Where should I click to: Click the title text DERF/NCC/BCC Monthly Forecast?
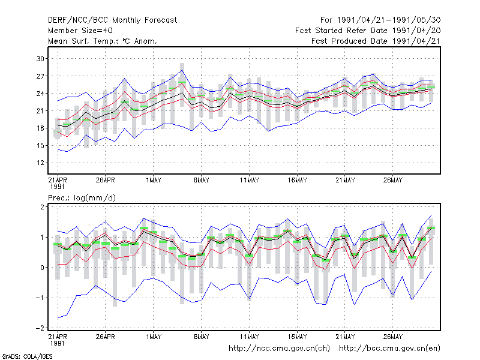tap(112, 20)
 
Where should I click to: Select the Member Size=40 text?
tap(80, 31)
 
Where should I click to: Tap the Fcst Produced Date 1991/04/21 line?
tap(376, 41)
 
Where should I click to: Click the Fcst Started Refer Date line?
tap(368, 31)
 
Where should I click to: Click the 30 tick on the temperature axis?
tap(40, 59)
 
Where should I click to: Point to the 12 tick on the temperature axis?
tap(40, 163)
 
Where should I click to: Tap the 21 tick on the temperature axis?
tap(40, 111)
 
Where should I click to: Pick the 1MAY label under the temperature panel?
tap(154, 181)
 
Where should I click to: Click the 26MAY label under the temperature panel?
tap(393, 181)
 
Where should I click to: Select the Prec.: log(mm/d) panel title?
tap(82, 198)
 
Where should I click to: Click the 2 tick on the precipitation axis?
tap(42, 206)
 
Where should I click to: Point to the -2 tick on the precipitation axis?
tap(40, 328)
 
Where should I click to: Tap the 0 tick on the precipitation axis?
tap(42, 268)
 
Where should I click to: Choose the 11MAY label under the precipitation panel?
tap(249, 337)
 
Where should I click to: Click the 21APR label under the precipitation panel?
tap(58, 337)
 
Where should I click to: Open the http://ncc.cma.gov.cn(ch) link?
tap(279, 349)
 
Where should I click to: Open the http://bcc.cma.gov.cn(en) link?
tap(389, 349)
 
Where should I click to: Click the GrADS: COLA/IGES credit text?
tap(27, 356)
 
